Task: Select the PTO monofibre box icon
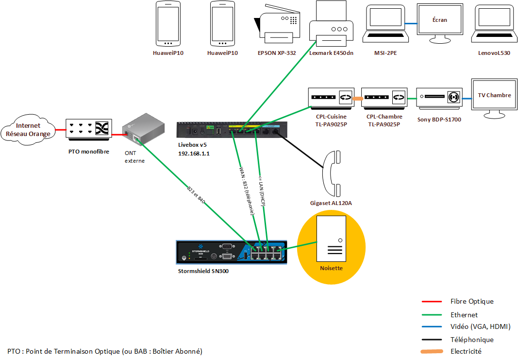(x=89, y=130)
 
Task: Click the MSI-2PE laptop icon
(x=384, y=24)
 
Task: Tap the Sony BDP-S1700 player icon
(x=439, y=98)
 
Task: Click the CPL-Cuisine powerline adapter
(x=331, y=97)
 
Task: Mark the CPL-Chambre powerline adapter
(x=384, y=97)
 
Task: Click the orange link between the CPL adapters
(x=358, y=99)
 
